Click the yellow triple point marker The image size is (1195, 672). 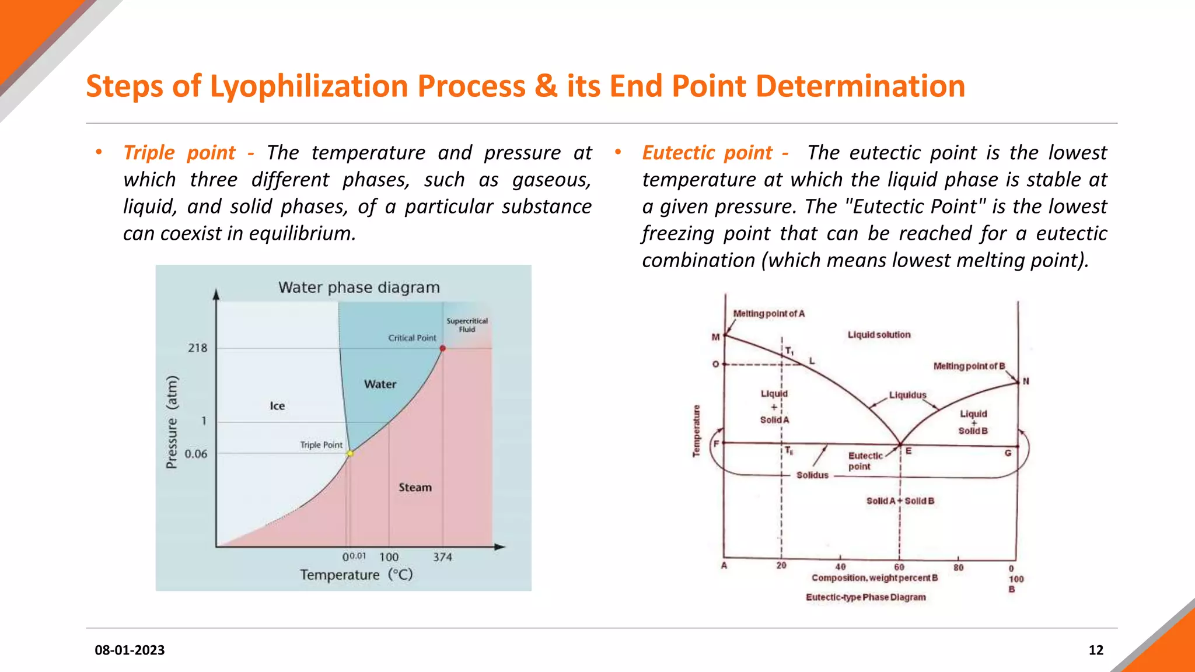click(350, 453)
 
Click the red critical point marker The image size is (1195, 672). click(443, 348)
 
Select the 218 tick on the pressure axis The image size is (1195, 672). click(197, 348)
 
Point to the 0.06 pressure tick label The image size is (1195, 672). click(196, 454)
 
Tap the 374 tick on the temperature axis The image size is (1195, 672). click(442, 557)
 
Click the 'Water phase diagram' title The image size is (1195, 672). click(359, 288)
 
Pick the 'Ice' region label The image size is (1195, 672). click(277, 406)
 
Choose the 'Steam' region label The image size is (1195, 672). click(415, 487)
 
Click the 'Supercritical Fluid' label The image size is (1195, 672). click(467, 325)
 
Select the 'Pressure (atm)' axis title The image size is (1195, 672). click(172, 422)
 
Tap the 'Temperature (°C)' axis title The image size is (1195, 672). click(357, 575)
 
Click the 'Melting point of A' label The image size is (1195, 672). click(768, 314)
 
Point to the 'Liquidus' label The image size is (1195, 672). click(907, 395)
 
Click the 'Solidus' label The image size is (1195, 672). click(812, 475)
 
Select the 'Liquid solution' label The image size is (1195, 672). click(879, 335)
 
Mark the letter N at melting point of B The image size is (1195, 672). click(1026, 381)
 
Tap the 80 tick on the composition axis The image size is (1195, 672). click(958, 567)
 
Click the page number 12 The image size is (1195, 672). click(1096, 650)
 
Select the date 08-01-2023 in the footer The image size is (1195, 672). click(130, 650)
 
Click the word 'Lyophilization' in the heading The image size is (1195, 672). click(309, 86)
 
